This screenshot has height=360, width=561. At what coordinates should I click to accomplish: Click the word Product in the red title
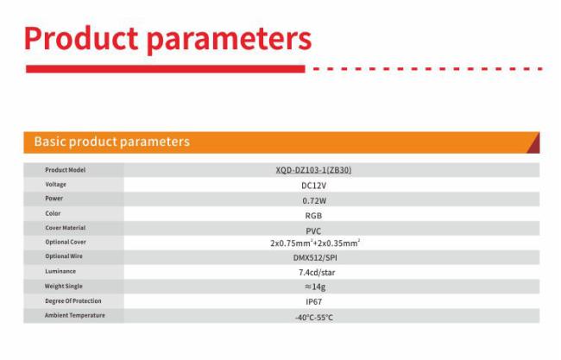[81, 38]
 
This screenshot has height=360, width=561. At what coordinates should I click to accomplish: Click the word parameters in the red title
[230, 41]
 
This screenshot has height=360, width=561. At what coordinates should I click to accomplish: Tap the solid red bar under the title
[166, 69]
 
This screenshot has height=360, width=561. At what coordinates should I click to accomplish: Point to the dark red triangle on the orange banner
[534, 144]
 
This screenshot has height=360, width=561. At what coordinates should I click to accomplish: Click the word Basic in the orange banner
[50, 142]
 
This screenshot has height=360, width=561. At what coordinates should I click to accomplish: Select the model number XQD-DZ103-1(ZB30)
[313, 170]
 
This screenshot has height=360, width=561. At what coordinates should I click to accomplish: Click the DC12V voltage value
[314, 186]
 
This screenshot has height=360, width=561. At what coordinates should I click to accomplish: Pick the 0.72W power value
[314, 201]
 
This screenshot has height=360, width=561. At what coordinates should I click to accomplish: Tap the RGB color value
[313, 216]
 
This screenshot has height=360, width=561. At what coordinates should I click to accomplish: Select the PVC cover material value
[313, 231]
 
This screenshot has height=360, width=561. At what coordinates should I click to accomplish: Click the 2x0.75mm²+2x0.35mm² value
[315, 243]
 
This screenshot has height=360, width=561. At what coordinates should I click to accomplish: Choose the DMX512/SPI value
[315, 257]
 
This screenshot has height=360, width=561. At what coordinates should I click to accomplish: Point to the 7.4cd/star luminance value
[317, 273]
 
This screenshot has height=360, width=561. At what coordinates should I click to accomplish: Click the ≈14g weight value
[315, 287]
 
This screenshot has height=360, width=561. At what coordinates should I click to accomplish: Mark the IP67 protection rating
[314, 302]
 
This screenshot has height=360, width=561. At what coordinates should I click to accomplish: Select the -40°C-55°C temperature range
[314, 318]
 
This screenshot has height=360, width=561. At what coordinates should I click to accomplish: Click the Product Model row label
[65, 170]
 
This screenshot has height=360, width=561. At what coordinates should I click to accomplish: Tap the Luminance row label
[60, 271]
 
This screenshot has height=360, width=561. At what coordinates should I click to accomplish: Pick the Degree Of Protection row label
[73, 301]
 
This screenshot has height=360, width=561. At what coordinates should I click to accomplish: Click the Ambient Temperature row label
[75, 315]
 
